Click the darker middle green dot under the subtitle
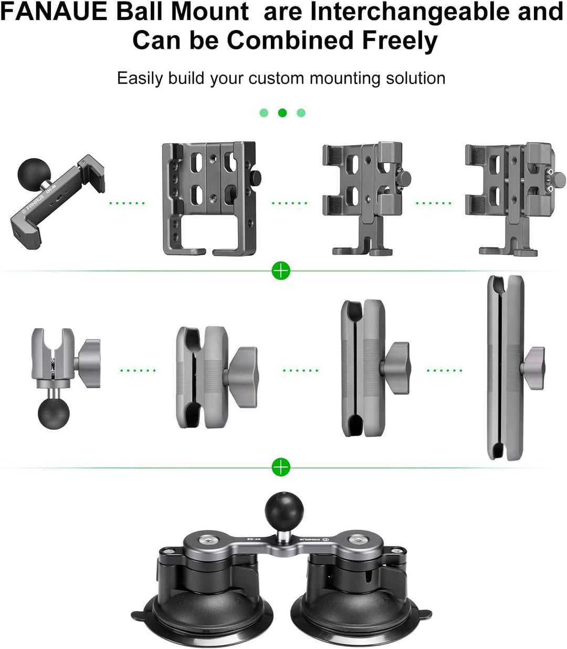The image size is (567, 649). click(282, 113)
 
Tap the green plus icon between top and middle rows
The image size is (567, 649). click(281, 271)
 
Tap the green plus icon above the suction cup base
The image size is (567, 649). click(281, 467)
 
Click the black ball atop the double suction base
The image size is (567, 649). click(281, 508)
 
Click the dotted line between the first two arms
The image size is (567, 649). click(138, 370)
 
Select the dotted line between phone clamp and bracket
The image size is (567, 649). click(127, 203)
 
